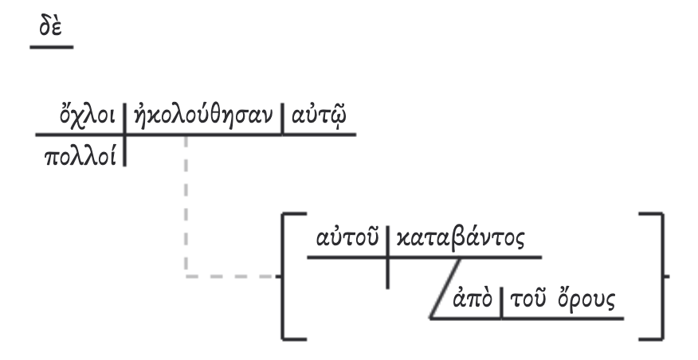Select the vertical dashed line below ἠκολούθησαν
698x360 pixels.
tap(186, 207)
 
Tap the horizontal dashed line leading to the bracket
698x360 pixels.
tap(231, 277)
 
